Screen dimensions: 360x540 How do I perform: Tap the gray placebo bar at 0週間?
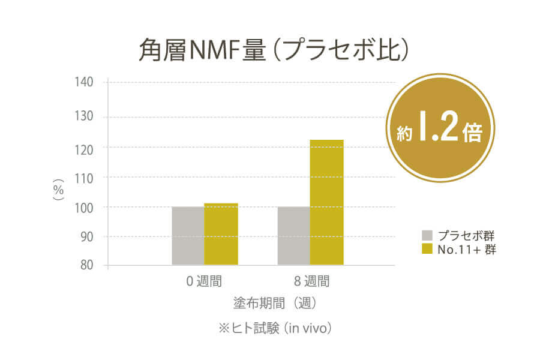188,236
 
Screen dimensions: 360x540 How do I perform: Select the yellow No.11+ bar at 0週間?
221,234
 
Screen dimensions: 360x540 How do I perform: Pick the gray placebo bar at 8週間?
293,236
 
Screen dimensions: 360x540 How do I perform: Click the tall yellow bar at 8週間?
327,202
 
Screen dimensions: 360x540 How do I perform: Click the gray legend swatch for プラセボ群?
427,235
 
